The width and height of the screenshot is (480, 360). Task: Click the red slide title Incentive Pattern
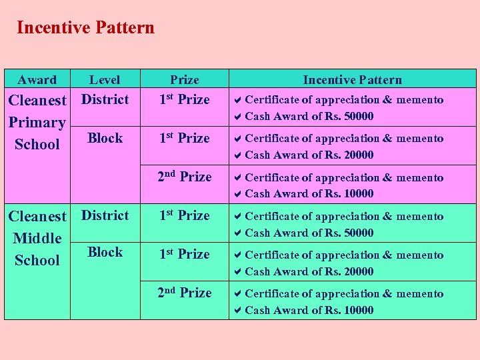[x=85, y=27]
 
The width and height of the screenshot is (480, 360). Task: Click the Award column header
[x=37, y=80]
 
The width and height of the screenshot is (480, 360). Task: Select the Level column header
[x=105, y=80]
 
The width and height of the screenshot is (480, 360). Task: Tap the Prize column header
[x=185, y=80]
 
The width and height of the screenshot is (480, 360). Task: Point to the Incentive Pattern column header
[x=352, y=80]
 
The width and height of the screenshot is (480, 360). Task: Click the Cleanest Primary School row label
[x=37, y=122]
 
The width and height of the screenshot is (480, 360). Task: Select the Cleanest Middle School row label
[x=37, y=238]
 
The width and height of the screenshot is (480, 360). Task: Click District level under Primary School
[x=105, y=99]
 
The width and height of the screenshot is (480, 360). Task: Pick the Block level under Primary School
[x=105, y=138]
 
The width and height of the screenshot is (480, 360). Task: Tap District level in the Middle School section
[x=105, y=215]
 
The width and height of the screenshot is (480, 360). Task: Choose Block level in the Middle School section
[x=105, y=252]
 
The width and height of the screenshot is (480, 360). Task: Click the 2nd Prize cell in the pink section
[x=185, y=177]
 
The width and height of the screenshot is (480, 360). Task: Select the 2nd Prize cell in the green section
[x=185, y=293]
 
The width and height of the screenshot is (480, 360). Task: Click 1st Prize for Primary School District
[x=185, y=99]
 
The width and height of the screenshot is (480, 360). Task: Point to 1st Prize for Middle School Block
[x=185, y=254]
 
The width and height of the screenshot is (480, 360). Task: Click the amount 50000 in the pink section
[x=358, y=117]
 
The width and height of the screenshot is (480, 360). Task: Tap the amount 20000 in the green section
[x=358, y=271]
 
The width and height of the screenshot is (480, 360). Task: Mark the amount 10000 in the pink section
[x=358, y=194]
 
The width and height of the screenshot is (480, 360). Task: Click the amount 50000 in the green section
[x=358, y=233]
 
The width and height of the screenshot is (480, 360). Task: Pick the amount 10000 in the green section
[x=358, y=310]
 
